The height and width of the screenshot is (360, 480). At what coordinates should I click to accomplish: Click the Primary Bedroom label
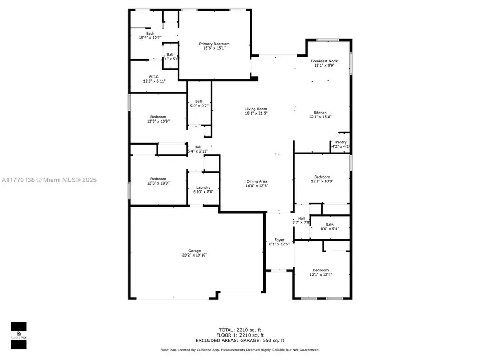point(214,44)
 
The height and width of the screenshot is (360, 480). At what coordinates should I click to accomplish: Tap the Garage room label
point(194,251)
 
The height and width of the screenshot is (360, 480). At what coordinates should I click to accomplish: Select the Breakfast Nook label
point(324,61)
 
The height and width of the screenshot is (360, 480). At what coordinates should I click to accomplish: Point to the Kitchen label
point(320,113)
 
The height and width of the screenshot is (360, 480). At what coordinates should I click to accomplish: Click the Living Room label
point(256,109)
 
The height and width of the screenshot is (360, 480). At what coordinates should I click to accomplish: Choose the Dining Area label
point(256,181)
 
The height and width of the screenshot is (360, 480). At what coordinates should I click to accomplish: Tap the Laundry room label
point(203,187)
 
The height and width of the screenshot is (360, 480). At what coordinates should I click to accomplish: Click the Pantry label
point(341,142)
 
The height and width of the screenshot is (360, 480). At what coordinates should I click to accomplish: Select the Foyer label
point(279,240)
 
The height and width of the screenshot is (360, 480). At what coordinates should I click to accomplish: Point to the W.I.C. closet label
point(154,77)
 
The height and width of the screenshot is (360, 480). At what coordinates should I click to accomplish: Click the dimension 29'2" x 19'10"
point(194,255)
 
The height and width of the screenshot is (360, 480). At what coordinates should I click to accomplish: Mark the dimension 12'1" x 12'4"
point(321,275)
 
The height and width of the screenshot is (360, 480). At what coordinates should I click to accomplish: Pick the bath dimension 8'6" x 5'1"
point(330,229)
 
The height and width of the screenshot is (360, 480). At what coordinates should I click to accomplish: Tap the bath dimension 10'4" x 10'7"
point(150,38)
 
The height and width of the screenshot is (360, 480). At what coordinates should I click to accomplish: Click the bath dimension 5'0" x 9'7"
point(199,106)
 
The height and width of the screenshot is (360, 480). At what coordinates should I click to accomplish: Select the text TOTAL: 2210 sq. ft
point(239,330)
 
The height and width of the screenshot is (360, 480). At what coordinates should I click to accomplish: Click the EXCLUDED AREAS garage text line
point(239,340)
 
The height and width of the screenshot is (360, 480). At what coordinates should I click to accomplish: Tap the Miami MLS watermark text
point(48,180)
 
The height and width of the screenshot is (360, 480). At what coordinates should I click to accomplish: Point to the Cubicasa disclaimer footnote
point(239,350)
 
